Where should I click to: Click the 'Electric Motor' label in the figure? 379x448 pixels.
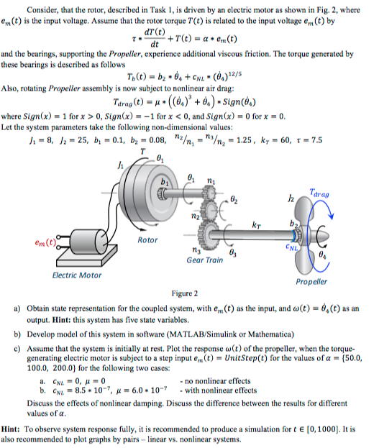tap(77, 275)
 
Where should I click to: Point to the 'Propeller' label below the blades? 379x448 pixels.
tap(311, 281)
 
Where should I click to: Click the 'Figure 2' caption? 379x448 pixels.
tap(189, 293)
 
